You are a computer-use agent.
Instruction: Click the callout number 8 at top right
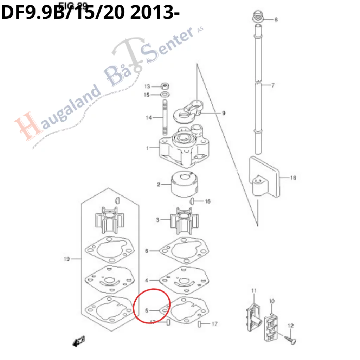coord(276,20)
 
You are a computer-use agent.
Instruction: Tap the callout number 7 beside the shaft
coord(273,85)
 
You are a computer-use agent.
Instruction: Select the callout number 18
coord(293,178)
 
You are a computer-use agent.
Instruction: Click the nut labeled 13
coord(164,86)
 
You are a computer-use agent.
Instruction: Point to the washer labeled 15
coord(164,95)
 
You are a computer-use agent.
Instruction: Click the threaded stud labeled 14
coord(164,117)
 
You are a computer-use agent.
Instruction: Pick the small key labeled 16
coord(193,201)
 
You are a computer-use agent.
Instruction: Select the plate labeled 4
coord(183,280)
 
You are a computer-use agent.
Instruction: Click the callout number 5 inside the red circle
coord(147,310)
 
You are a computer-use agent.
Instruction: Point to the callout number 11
coord(254,290)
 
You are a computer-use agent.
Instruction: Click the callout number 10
coord(271,301)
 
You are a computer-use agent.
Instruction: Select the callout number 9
coord(224,113)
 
